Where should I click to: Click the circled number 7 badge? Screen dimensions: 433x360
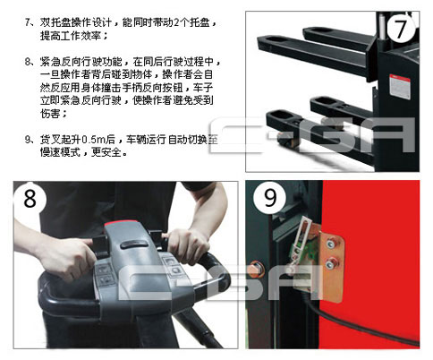point(401,28)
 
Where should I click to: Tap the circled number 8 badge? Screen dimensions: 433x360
point(30,198)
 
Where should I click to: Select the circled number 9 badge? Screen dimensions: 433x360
point(270,197)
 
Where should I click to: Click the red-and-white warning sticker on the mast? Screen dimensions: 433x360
point(400,86)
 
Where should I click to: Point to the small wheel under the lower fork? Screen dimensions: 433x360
point(287,141)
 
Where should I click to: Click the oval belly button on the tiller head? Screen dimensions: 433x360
point(134,244)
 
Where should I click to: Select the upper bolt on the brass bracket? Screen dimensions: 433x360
point(330,244)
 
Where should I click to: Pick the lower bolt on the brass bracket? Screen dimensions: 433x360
point(330,263)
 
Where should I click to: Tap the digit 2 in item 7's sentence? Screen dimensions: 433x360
point(175,22)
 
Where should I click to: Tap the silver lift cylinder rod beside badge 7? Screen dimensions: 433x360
point(381,26)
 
